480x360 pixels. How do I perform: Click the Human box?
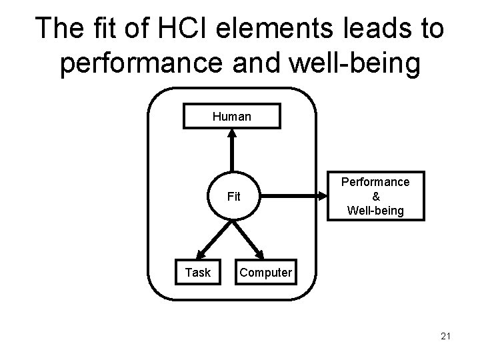232,117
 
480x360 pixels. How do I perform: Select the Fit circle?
233,197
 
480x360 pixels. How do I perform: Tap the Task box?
197,272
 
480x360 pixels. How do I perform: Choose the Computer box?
265,272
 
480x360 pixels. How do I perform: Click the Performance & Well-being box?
375,197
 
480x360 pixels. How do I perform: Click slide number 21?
445,336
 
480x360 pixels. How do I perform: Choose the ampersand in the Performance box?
375,197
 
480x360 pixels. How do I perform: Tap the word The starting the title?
59,29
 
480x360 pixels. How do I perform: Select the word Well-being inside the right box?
375,211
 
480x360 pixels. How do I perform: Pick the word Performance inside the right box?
375,182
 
